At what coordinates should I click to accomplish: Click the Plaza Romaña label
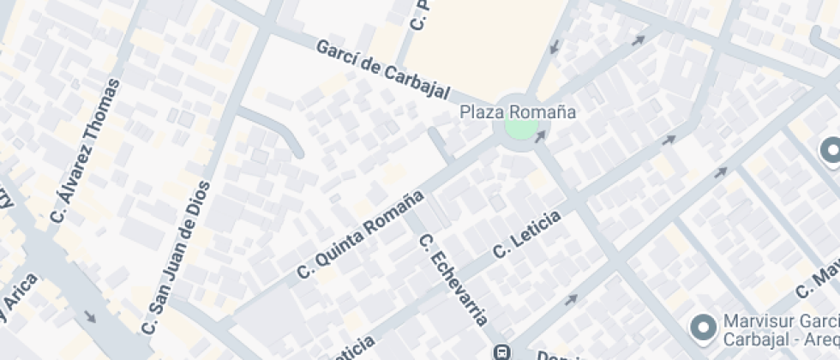tap(518, 112)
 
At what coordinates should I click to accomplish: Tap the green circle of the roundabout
tap(519, 129)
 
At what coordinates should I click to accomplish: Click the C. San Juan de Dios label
tap(176, 258)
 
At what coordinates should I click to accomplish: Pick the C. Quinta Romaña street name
tap(362, 233)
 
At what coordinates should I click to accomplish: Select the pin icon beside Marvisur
tap(704, 327)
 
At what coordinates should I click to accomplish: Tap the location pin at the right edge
tap(831, 151)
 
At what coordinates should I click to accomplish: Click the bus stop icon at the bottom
tap(502, 351)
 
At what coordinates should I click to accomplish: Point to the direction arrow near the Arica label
tap(91, 317)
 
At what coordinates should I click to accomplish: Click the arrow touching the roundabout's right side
tap(540, 136)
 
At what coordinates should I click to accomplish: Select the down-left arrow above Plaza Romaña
tap(555, 44)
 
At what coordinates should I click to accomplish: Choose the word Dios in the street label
tap(198, 200)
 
